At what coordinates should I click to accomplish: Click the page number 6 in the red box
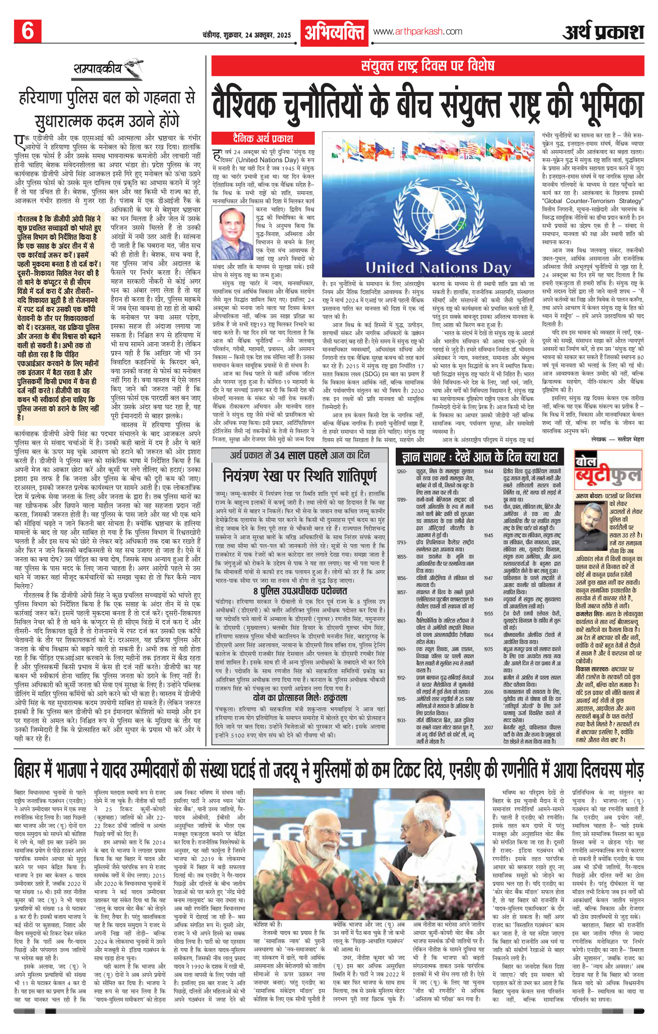tap(28, 31)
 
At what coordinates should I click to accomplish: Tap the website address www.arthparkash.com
tap(418, 31)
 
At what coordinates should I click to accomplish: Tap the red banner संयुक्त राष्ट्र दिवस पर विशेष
tap(428, 66)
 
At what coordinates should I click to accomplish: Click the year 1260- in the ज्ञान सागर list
tap(402, 471)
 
